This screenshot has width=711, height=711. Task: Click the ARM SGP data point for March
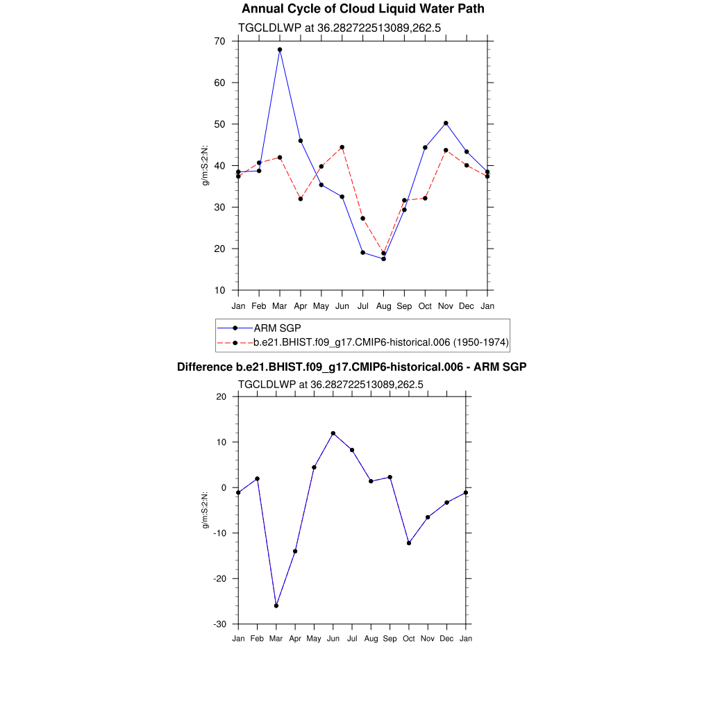280,49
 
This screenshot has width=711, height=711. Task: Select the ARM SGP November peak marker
446,123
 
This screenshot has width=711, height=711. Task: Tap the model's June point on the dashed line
342,147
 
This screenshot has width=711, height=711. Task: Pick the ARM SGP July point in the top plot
362,252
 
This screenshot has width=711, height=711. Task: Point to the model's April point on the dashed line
301,199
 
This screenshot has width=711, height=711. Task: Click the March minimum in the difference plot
276,605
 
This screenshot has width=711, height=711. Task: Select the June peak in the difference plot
333,433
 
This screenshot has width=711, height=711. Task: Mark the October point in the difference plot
409,543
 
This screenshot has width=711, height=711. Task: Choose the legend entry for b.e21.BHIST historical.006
380,342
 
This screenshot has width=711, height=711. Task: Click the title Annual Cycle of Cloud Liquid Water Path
363,9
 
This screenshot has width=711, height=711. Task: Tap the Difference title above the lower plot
352,367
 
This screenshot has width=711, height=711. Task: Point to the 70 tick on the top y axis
220,41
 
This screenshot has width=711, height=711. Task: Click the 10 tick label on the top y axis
220,290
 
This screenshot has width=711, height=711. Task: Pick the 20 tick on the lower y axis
221,396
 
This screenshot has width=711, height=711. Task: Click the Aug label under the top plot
383,306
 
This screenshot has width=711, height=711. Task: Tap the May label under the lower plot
314,639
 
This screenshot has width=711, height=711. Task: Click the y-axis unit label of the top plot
206,165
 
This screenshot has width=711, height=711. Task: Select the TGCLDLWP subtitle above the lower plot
331,384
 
